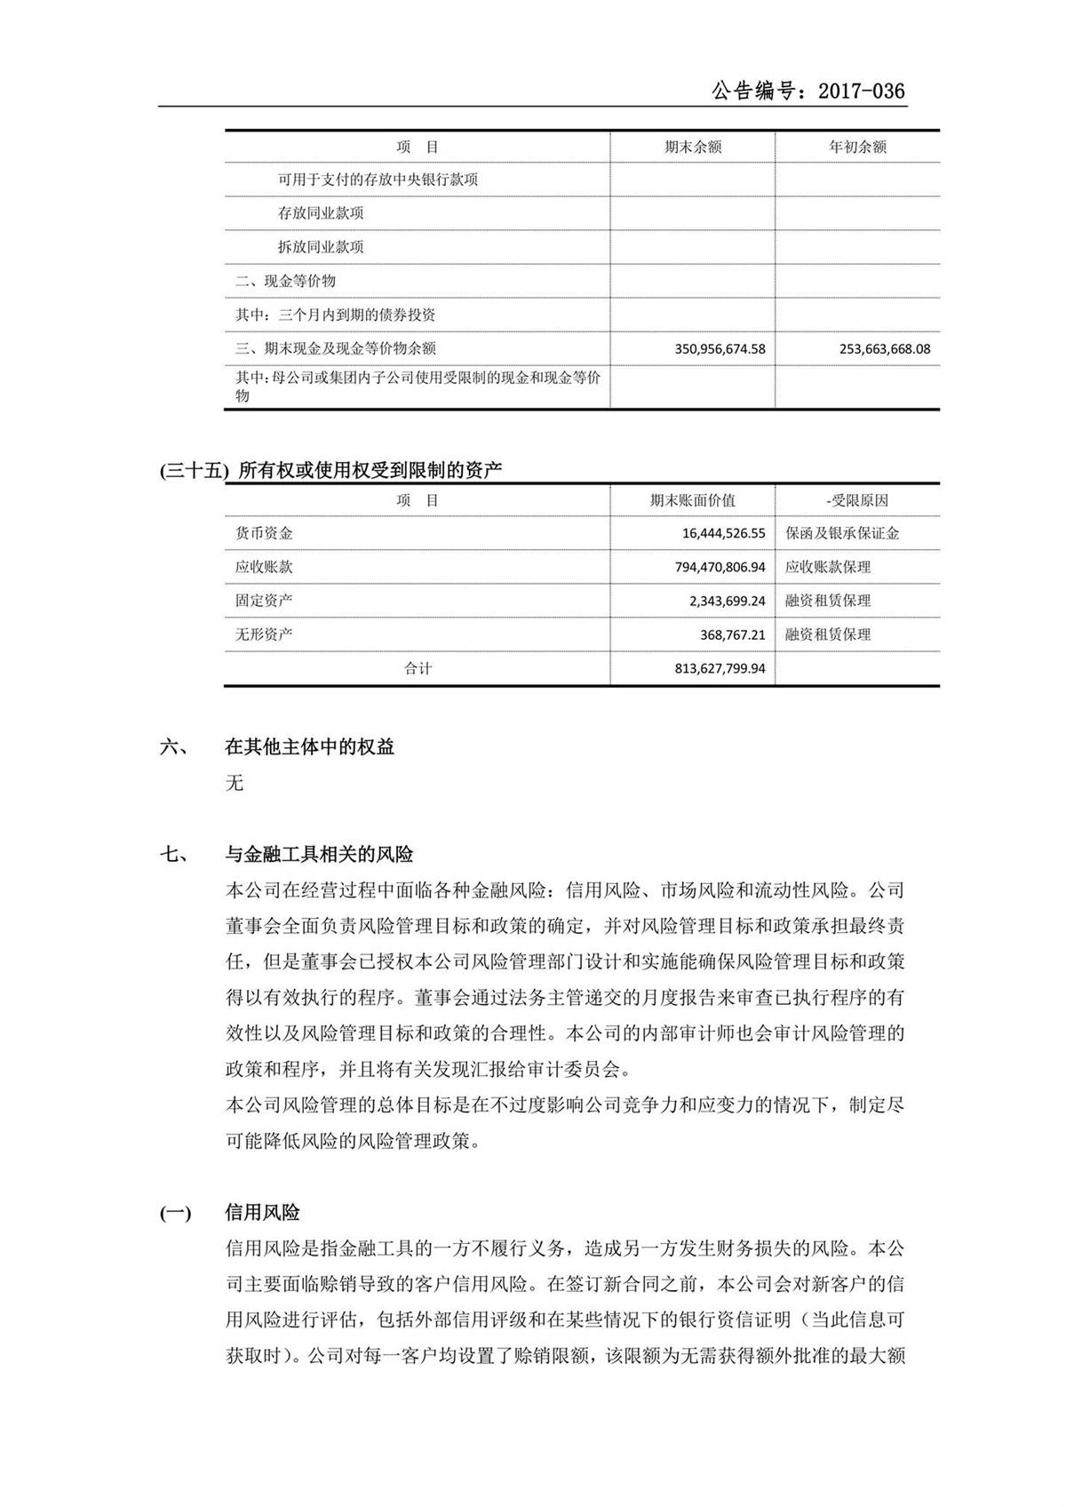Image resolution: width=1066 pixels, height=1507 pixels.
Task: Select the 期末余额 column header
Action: [693, 148]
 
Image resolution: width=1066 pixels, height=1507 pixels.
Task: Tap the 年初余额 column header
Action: [857, 148]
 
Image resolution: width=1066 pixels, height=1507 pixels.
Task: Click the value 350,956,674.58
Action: [720, 349]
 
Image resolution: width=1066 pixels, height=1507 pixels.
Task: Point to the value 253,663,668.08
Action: [884, 349]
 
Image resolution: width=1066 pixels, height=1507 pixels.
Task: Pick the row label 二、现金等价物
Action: [285, 281]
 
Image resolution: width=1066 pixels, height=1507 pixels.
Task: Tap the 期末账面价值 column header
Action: [693, 500]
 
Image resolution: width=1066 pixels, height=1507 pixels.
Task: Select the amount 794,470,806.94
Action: [720, 567]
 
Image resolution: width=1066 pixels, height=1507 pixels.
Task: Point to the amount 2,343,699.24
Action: [727, 601]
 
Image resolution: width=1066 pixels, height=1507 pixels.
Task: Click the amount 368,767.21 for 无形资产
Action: [733, 634]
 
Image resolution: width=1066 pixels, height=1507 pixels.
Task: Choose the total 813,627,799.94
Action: [720, 668]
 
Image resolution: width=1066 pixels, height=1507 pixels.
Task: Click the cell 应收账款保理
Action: [828, 567]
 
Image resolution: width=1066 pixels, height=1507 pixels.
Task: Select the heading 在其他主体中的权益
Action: [310, 747]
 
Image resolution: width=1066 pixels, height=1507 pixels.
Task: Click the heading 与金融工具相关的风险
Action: [320, 855]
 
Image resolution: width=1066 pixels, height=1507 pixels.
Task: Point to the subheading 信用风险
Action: [263, 1213]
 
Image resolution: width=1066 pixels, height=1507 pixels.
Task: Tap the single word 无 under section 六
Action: [235, 783]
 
